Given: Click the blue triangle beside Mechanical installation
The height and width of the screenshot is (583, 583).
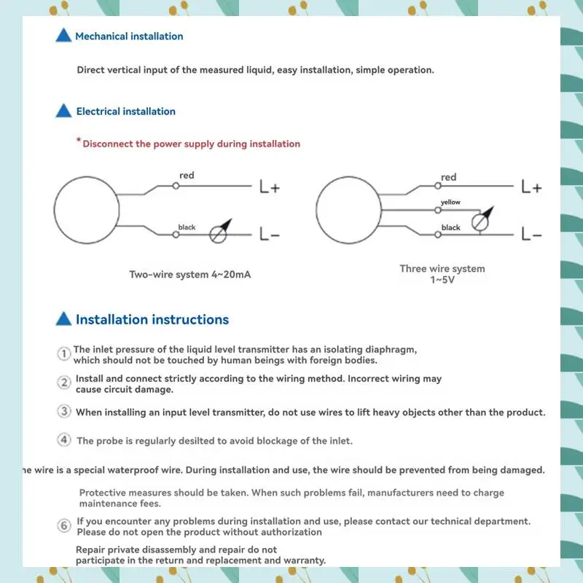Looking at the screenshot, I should tap(64, 36).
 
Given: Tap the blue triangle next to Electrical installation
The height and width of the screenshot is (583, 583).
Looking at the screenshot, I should tap(64, 111).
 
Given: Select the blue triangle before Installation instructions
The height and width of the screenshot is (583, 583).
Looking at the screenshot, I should tap(64, 319).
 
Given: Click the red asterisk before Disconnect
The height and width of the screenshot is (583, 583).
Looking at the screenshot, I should tap(79, 141).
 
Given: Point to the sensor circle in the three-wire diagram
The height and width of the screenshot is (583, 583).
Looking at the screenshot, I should tap(348, 211).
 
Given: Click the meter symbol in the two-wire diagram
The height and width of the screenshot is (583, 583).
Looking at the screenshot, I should tap(219, 232).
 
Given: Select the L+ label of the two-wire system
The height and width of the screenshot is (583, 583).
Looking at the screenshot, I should tap(270, 187).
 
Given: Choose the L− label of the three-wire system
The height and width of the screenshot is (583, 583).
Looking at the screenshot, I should tap(532, 235).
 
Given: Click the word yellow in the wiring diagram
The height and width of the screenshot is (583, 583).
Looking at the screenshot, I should tap(450, 202).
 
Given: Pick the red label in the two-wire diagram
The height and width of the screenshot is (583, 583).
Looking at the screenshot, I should tap(187, 176).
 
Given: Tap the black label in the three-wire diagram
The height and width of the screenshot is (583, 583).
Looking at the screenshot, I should tap(451, 227).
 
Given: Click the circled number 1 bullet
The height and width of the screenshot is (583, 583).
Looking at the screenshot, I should tap(64, 353).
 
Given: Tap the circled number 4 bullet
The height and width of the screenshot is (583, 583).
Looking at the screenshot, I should tap(64, 440).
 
